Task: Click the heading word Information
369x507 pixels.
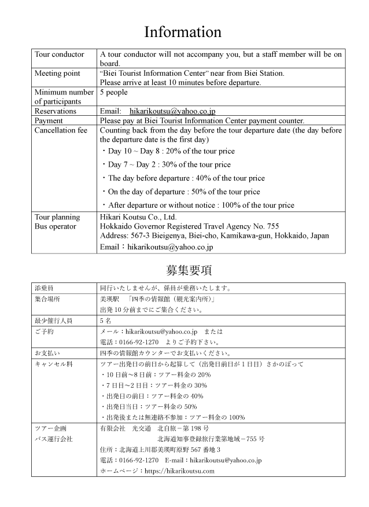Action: pos(182,31)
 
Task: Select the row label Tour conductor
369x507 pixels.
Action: pos(60,54)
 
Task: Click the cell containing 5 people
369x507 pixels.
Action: pos(114,92)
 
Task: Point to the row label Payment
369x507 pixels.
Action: pos(49,120)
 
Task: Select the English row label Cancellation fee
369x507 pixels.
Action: pos(61,130)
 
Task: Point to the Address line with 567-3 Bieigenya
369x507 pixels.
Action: pos(214,236)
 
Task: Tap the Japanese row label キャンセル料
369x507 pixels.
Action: pos(52,364)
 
